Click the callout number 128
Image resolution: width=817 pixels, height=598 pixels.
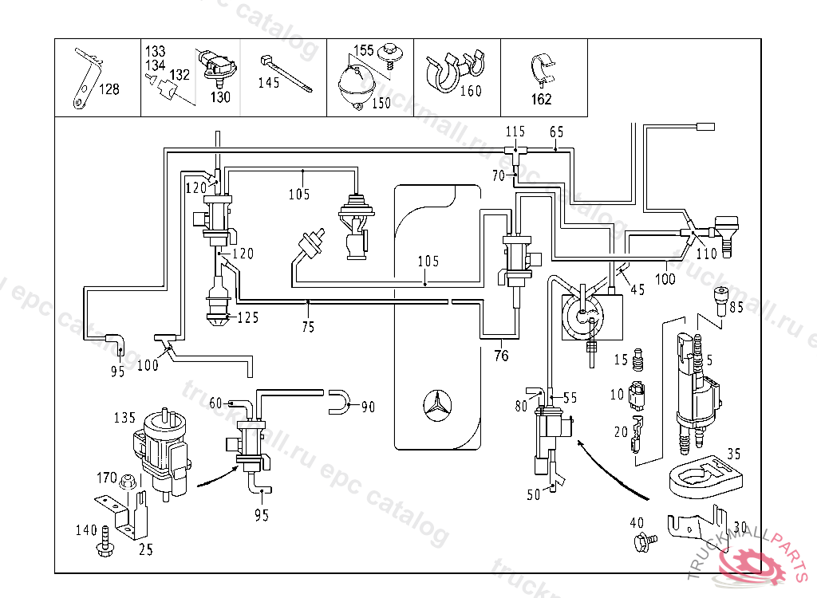click(109, 89)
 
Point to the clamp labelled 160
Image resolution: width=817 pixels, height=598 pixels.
click(452, 70)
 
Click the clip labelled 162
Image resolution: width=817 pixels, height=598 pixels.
click(543, 69)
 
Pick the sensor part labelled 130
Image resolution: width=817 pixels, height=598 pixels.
click(217, 66)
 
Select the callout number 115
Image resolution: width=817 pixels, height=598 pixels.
click(515, 131)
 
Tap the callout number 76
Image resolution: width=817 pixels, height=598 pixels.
click(500, 356)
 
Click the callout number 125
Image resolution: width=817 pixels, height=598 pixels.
click(248, 317)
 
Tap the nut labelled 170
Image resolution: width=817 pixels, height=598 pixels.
click(126, 482)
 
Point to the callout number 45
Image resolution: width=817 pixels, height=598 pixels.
click(637, 290)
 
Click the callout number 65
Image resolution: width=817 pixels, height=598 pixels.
click(556, 131)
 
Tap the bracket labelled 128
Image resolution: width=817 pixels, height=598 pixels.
click(83, 80)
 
